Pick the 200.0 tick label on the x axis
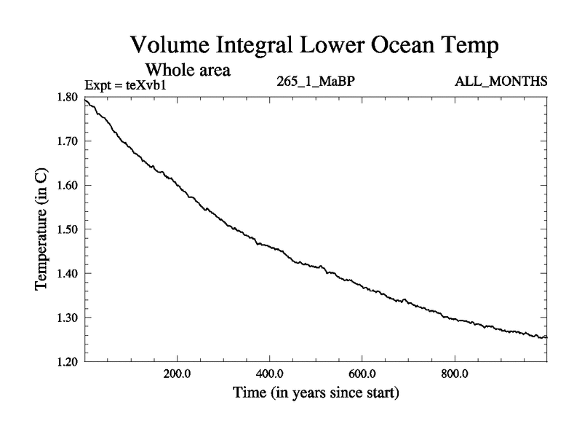(x=177, y=374)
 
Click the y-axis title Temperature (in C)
(x=42, y=229)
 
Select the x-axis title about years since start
(x=316, y=394)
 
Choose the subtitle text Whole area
(x=188, y=70)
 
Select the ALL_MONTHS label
(x=501, y=81)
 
